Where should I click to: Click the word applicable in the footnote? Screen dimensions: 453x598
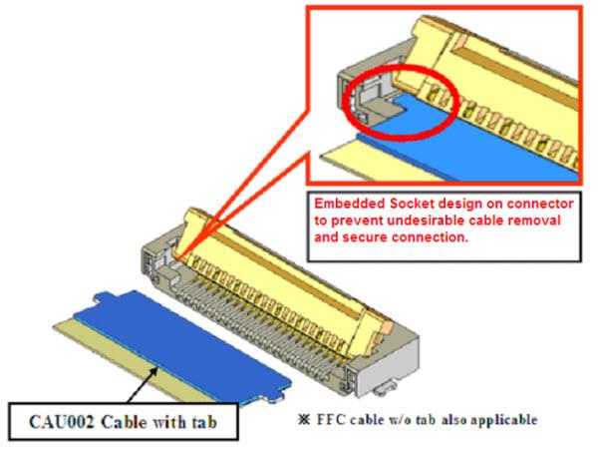(500, 419)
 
